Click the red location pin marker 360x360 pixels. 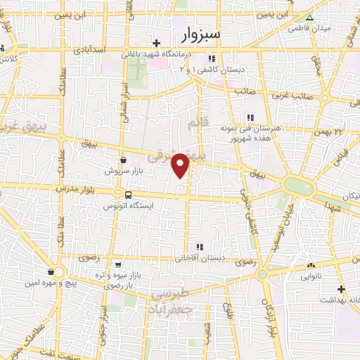click(x=181, y=165)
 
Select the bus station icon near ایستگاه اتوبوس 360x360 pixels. click(x=128, y=194)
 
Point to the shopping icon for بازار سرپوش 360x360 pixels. click(x=123, y=160)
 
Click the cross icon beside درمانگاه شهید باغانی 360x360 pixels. click(x=157, y=43)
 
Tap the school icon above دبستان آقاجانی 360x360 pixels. click(x=200, y=247)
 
